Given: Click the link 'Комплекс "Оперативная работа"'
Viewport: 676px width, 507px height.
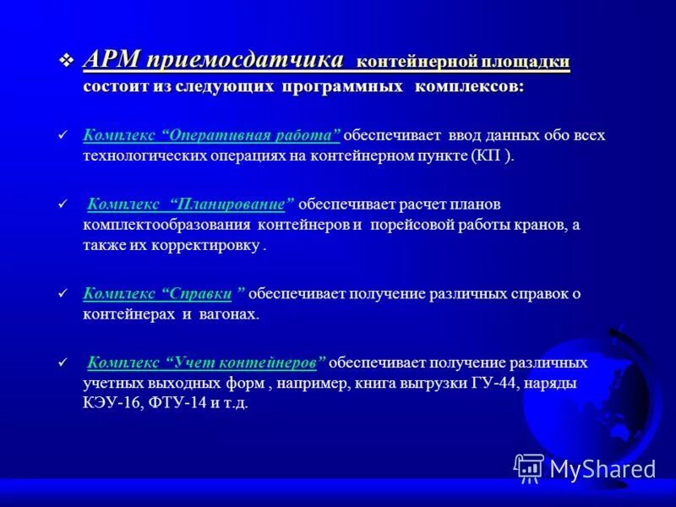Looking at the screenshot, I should click(211, 135).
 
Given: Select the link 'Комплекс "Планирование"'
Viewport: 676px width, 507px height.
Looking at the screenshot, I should click(191, 204).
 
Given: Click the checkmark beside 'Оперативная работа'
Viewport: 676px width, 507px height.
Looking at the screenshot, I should click(60, 136).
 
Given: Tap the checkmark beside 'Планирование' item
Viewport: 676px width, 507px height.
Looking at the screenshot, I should click(60, 204).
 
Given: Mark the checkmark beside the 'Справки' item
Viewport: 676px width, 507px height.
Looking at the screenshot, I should click(60, 295).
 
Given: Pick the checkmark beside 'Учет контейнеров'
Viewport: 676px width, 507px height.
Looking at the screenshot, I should click(60, 363).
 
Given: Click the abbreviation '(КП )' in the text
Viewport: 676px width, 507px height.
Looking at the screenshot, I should click(491, 156).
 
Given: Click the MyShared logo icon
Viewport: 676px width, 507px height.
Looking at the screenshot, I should click(529, 467).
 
